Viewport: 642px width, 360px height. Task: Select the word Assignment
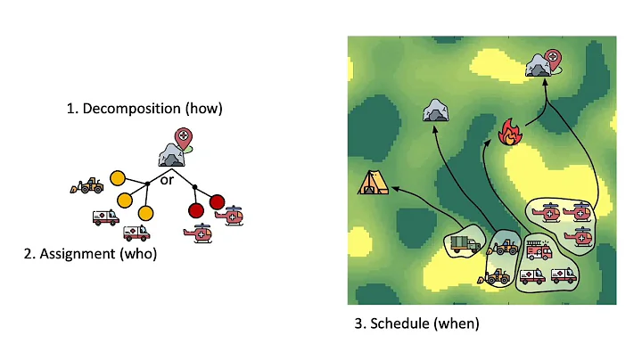pyautogui.click(x=77, y=254)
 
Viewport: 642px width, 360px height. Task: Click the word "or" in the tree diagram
pyautogui.click(x=167, y=179)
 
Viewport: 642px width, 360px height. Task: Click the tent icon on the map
pyautogui.click(x=371, y=183)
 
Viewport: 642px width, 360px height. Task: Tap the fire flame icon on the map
pyautogui.click(x=509, y=132)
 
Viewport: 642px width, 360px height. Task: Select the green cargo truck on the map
pyautogui.click(x=465, y=243)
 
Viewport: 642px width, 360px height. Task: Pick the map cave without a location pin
pyautogui.click(x=435, y=110)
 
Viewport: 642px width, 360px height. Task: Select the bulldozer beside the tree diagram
pyautogui.click(x=87, y=185)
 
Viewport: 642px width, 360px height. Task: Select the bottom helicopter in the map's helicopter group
pyautogui.click(x=580, y=236)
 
